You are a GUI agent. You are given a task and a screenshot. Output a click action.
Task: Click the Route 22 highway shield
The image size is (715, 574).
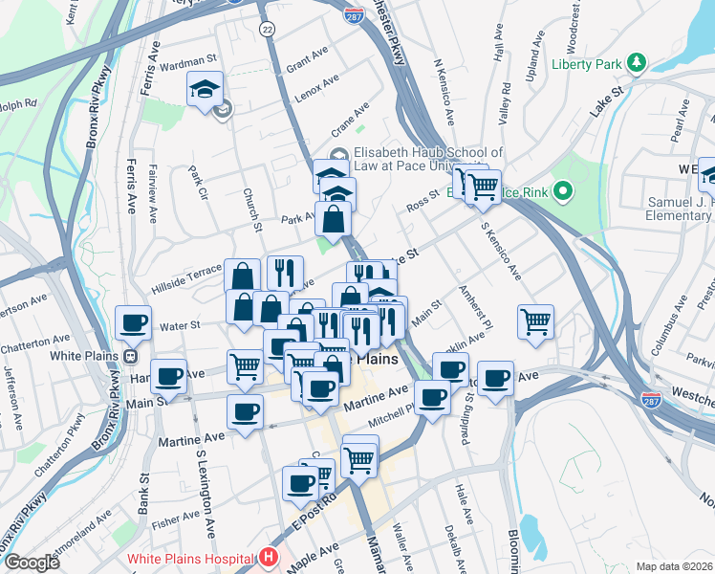[x=267, y=31]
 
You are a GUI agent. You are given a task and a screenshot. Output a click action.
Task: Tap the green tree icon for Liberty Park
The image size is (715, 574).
[x=638, y=64]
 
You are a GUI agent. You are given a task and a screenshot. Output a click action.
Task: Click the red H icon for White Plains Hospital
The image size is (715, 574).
[x=270, y=557]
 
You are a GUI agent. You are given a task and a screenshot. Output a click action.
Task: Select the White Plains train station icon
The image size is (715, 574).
[x=130, y=357]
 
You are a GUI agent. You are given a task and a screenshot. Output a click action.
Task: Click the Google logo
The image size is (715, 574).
[x=32, y=563]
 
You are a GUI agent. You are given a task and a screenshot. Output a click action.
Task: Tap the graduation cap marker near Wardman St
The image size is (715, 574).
[x=205, y=90]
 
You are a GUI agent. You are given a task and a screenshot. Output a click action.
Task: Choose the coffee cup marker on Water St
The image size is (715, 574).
[x=133, y=322]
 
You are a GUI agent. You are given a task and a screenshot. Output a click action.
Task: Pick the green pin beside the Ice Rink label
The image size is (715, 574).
[x=563, y=192]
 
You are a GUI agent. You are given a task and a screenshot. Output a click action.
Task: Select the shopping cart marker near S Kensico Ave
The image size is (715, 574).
[x=536, y=320]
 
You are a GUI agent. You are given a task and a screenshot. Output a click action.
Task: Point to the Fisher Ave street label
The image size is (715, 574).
[x=175, y=521]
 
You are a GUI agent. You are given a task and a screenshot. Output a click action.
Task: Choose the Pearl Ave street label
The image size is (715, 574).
[x=681, y=124]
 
